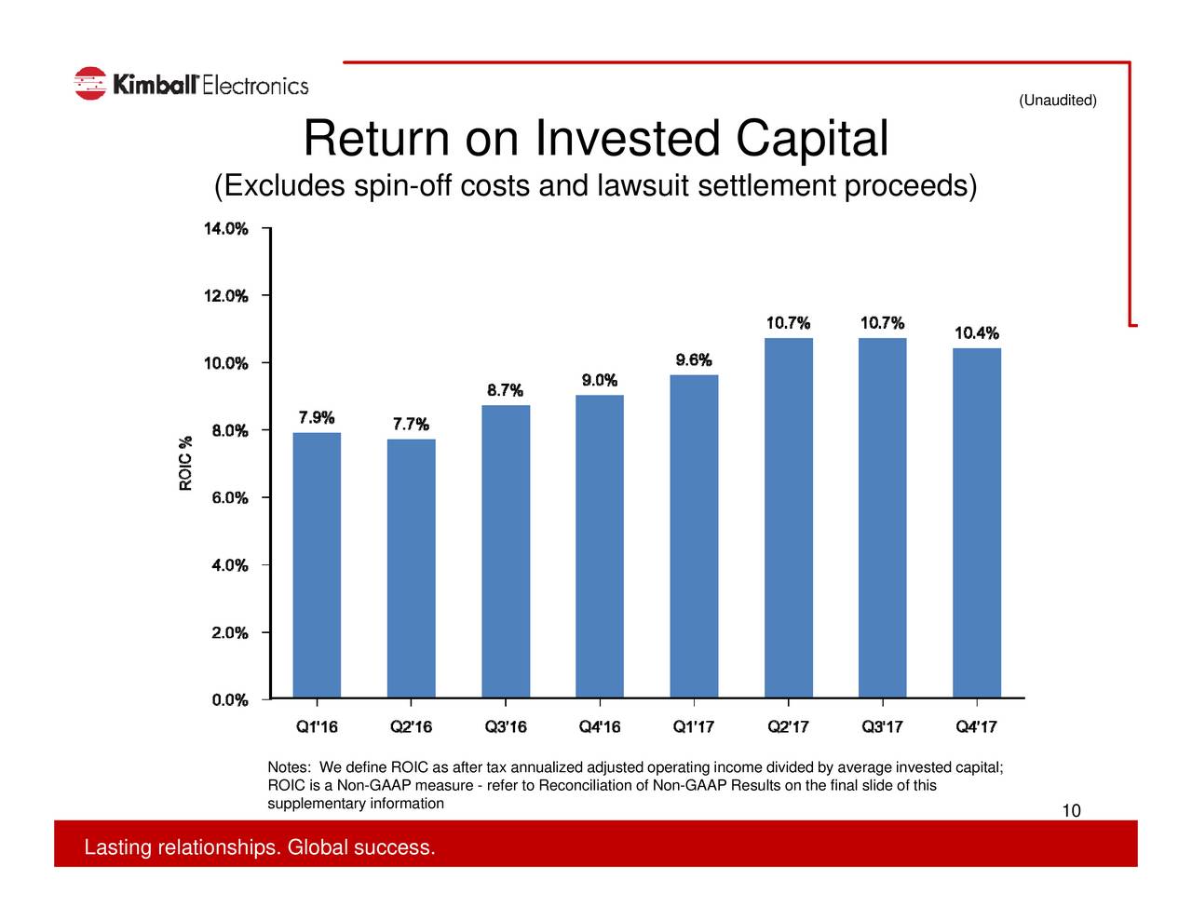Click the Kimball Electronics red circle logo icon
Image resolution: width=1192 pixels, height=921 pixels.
coord(90,84)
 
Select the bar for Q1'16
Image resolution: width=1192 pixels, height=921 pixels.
coord(317,564)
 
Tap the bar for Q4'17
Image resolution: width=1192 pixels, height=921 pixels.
coord(976,522)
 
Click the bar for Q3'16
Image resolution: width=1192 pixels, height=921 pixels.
coord(506,551)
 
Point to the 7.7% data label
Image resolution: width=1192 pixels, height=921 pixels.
coord(411,425)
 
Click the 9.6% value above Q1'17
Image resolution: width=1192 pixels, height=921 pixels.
coord(694,360)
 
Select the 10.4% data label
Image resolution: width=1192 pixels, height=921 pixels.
coord(977,333)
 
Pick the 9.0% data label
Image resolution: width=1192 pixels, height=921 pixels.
coord(600,380)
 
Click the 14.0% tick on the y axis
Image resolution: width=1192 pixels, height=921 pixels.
coord(226,228)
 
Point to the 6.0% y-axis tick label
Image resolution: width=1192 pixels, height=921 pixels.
coord(229,498)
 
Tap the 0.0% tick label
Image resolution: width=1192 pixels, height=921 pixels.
coord(229,700)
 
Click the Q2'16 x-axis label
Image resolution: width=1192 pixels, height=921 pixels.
coord(411,727)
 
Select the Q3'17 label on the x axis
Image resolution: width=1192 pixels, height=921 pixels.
coord(882,727)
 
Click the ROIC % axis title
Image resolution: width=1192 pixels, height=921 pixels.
coord(186,463)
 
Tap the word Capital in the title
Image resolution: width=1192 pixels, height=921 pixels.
coord(811,139)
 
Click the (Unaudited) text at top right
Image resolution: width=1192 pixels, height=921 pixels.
coord(1057,101)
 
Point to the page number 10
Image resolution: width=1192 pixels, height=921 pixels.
coord(1071,811)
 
